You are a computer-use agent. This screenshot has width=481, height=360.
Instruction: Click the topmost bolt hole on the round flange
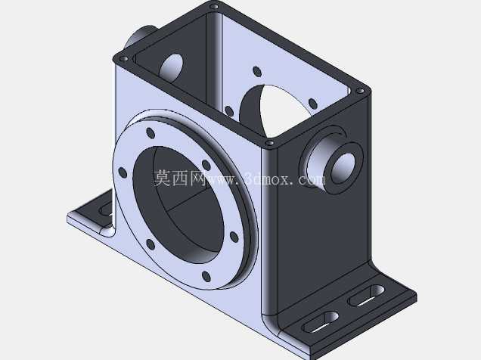pos(151,133)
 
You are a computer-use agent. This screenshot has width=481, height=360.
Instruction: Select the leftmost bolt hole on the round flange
pos(123,172)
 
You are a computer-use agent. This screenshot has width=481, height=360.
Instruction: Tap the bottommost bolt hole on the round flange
pos(206,277)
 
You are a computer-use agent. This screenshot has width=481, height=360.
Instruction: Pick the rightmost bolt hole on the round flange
pos(234,237)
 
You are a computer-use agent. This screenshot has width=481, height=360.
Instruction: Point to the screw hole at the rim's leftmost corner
pos(123,58)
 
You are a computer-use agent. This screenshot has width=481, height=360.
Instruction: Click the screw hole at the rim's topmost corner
pos(214,7)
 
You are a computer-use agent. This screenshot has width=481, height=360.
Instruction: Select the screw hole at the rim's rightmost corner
pos(360,91)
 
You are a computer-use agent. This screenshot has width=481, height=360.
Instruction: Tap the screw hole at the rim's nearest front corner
pos(269,143)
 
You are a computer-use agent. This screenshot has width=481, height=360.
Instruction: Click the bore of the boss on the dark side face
pos(343,169)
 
